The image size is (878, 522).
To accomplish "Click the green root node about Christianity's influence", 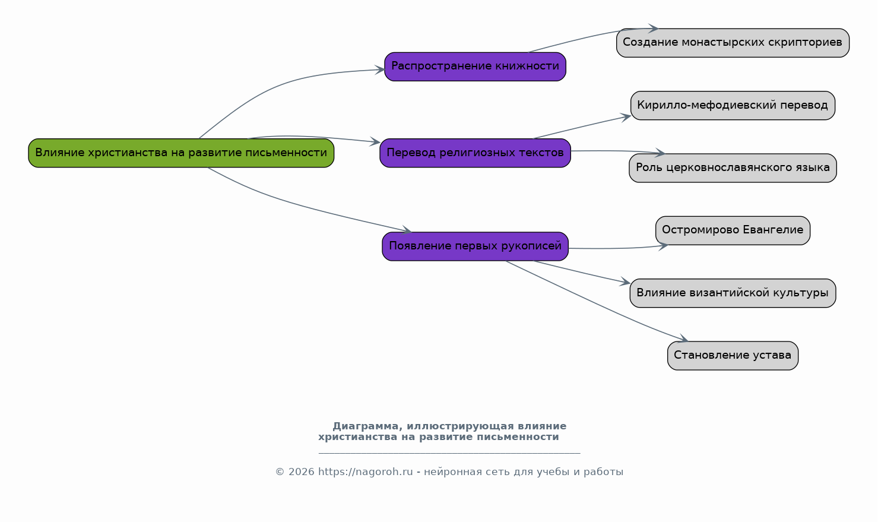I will [181, 153].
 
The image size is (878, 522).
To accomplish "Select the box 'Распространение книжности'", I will [475, 67].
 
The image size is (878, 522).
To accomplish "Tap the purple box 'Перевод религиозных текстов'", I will [475, 153].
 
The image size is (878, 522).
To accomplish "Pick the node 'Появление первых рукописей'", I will [475, 246].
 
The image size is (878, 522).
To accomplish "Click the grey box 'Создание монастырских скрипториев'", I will [733, 43].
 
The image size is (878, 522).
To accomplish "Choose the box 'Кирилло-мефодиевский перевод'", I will [733, 106].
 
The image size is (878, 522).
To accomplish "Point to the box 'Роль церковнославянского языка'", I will [733, 168].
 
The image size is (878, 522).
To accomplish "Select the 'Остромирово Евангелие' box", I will [733, 230].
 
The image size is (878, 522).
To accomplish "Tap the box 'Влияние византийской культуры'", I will [733, 293].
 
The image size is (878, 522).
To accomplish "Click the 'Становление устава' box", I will [733, 356].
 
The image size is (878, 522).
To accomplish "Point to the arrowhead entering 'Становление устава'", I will [683, 340].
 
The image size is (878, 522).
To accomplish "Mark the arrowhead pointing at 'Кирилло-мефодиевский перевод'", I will [626, 116].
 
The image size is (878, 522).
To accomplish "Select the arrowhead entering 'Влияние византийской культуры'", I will [625, 283].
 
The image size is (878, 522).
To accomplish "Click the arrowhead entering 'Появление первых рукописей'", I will [407, 230].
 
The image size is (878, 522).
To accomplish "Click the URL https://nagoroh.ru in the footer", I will [365, 472].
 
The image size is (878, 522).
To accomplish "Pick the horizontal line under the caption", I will [449, 453].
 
